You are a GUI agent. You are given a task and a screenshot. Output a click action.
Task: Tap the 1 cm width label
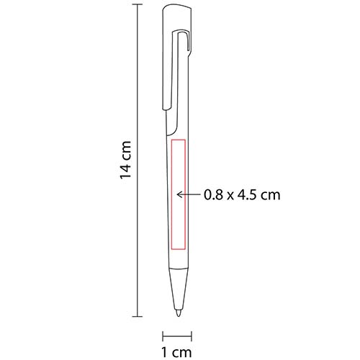point(176,352)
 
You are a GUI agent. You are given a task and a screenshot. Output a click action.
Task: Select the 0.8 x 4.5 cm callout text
point(241,194)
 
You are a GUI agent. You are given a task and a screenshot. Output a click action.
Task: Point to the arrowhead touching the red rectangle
point(180,194)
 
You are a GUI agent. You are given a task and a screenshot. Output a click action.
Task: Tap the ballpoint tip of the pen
point(178,315)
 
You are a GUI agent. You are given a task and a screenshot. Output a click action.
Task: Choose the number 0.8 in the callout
point(213,194)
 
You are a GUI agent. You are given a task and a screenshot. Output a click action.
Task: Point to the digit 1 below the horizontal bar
point(165,352)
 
